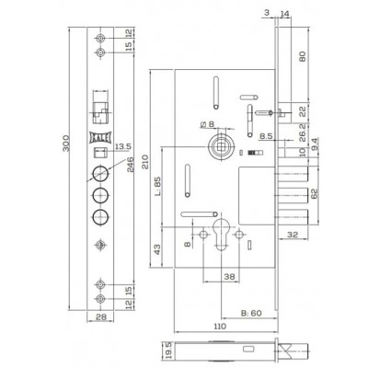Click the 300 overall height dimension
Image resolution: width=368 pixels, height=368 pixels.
[x=66, y=143]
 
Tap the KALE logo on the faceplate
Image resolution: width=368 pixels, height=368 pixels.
[x=100, y=137]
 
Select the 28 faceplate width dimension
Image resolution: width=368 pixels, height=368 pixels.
[x=100, y=316]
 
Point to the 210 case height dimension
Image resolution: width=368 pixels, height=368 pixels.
[x=144, y=162]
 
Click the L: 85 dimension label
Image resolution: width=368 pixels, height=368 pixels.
[x=158, y=187]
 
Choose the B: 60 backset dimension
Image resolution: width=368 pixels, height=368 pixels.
[x=251, y=313]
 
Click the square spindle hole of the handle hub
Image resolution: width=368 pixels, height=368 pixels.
[x=220, y=146]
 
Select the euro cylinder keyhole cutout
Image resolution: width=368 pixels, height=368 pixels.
[x=221, y=234]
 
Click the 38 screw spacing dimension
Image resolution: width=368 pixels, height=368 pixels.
[x=229, y=277]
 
